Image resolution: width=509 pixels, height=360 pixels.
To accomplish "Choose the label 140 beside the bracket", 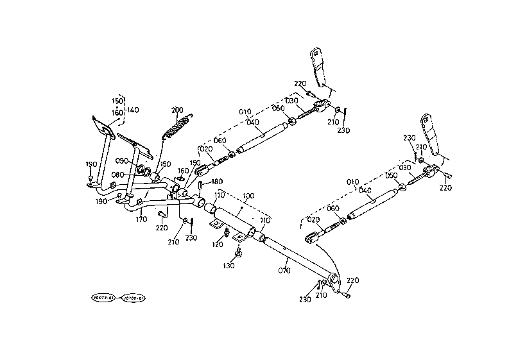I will coord(132,110).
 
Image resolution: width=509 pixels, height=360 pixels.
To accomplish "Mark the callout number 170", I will coord(141,219).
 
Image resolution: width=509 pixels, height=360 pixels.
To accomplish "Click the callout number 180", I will coord(216,182).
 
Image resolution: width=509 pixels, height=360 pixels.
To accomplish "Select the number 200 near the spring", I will coord(177,110).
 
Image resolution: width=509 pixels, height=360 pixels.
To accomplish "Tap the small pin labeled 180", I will coord(201,186).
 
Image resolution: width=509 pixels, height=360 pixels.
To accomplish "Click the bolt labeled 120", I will coord(226,232).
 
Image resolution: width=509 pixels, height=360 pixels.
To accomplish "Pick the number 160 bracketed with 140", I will coord(117,113).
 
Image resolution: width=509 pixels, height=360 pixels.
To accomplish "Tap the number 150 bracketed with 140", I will coord(117,101).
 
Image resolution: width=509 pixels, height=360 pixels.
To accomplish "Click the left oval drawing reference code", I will coord(103,298).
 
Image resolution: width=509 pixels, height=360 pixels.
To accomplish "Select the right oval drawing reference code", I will coord(134,298).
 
